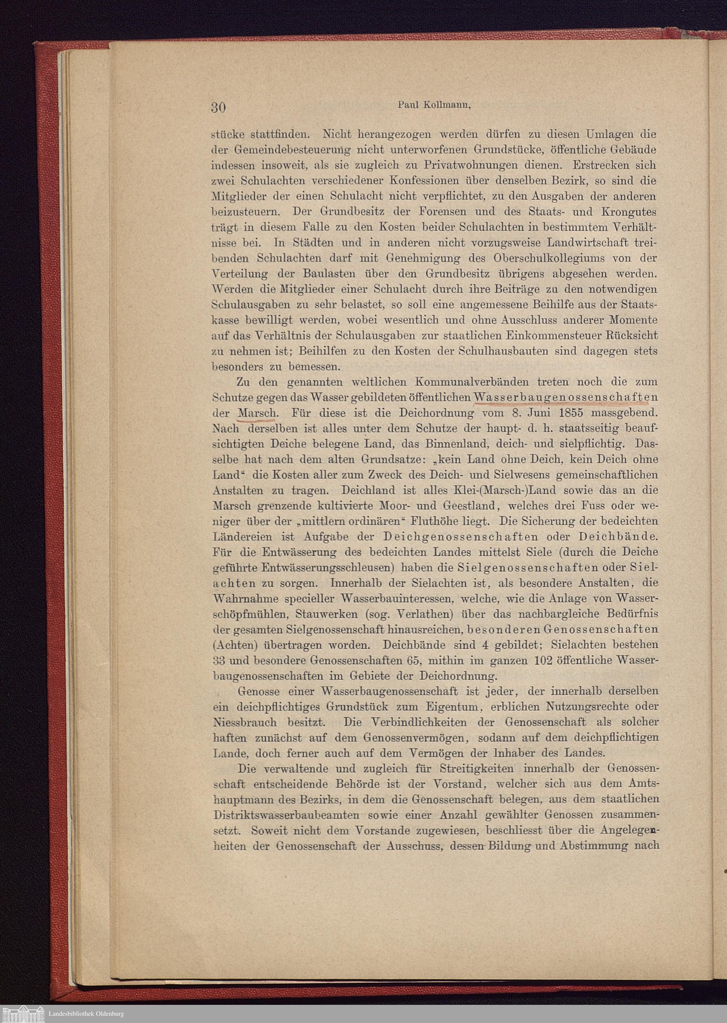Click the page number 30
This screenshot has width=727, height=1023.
click(x=218, y=108)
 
